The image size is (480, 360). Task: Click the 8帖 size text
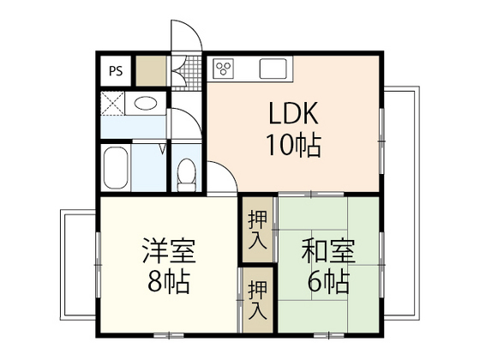point(169,280)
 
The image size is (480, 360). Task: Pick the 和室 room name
point(327,252)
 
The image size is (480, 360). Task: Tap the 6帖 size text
point(327,280)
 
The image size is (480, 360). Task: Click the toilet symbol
point(185,175)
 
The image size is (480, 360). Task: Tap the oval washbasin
point(147,105)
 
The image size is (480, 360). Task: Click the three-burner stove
point(225,68)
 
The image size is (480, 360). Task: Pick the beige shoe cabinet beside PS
point(152,70)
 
